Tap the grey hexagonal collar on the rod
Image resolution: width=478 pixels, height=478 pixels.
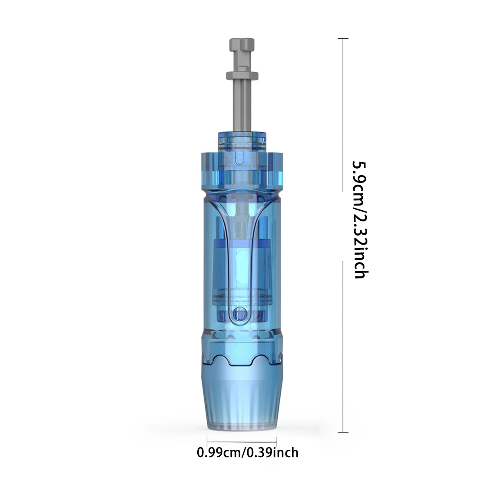pyautogui.click(x=242, y=75)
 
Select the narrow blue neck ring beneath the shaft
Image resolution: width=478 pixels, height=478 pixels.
pyautogui.click(x=242, y=142)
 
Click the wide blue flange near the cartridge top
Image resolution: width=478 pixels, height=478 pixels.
pyautogui.click(x=242, y=171)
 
